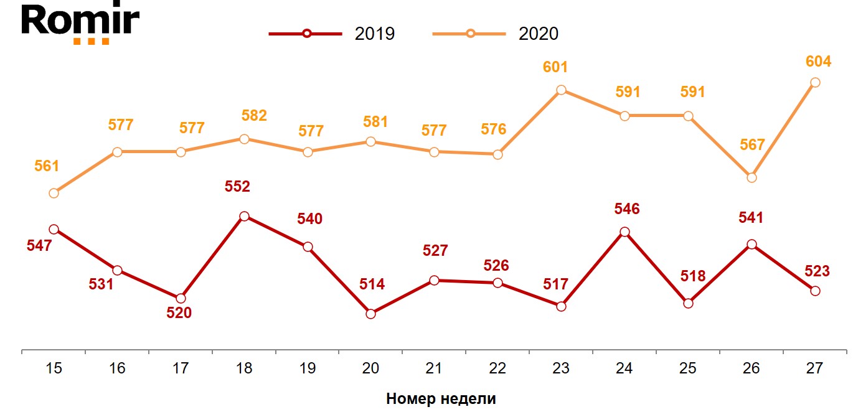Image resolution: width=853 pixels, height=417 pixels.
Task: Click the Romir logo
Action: pos(80,23)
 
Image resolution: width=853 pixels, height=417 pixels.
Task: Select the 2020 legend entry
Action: pos(496,34)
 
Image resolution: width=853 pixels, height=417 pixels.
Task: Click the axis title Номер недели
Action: pos(441,399)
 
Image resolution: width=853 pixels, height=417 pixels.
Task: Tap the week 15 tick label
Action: pos(54,368)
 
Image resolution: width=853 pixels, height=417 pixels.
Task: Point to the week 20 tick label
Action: pos(370,368)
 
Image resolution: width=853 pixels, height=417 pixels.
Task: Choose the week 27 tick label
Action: pos(814,368)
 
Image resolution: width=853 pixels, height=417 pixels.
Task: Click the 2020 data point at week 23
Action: pos(561,90)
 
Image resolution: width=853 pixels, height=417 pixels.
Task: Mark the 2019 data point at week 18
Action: pos(244,217)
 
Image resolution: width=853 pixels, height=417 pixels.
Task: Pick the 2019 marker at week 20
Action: pos(370,314)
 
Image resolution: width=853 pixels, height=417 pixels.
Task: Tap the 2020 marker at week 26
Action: pos(752,177)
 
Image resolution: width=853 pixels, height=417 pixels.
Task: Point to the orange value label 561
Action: pos(47,166)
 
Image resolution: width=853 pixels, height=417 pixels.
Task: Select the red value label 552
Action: pos(237,186)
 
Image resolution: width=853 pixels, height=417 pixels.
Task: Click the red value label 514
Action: pos(372,285)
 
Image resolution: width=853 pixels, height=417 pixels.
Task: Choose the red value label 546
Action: pos(627,208)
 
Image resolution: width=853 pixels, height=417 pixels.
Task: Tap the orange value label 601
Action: pos(555,67)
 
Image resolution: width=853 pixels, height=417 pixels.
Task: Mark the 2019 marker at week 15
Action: pos(54,229)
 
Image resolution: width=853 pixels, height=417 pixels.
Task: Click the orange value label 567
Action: pos(752,145)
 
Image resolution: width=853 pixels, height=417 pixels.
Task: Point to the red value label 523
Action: pos(817,271)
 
